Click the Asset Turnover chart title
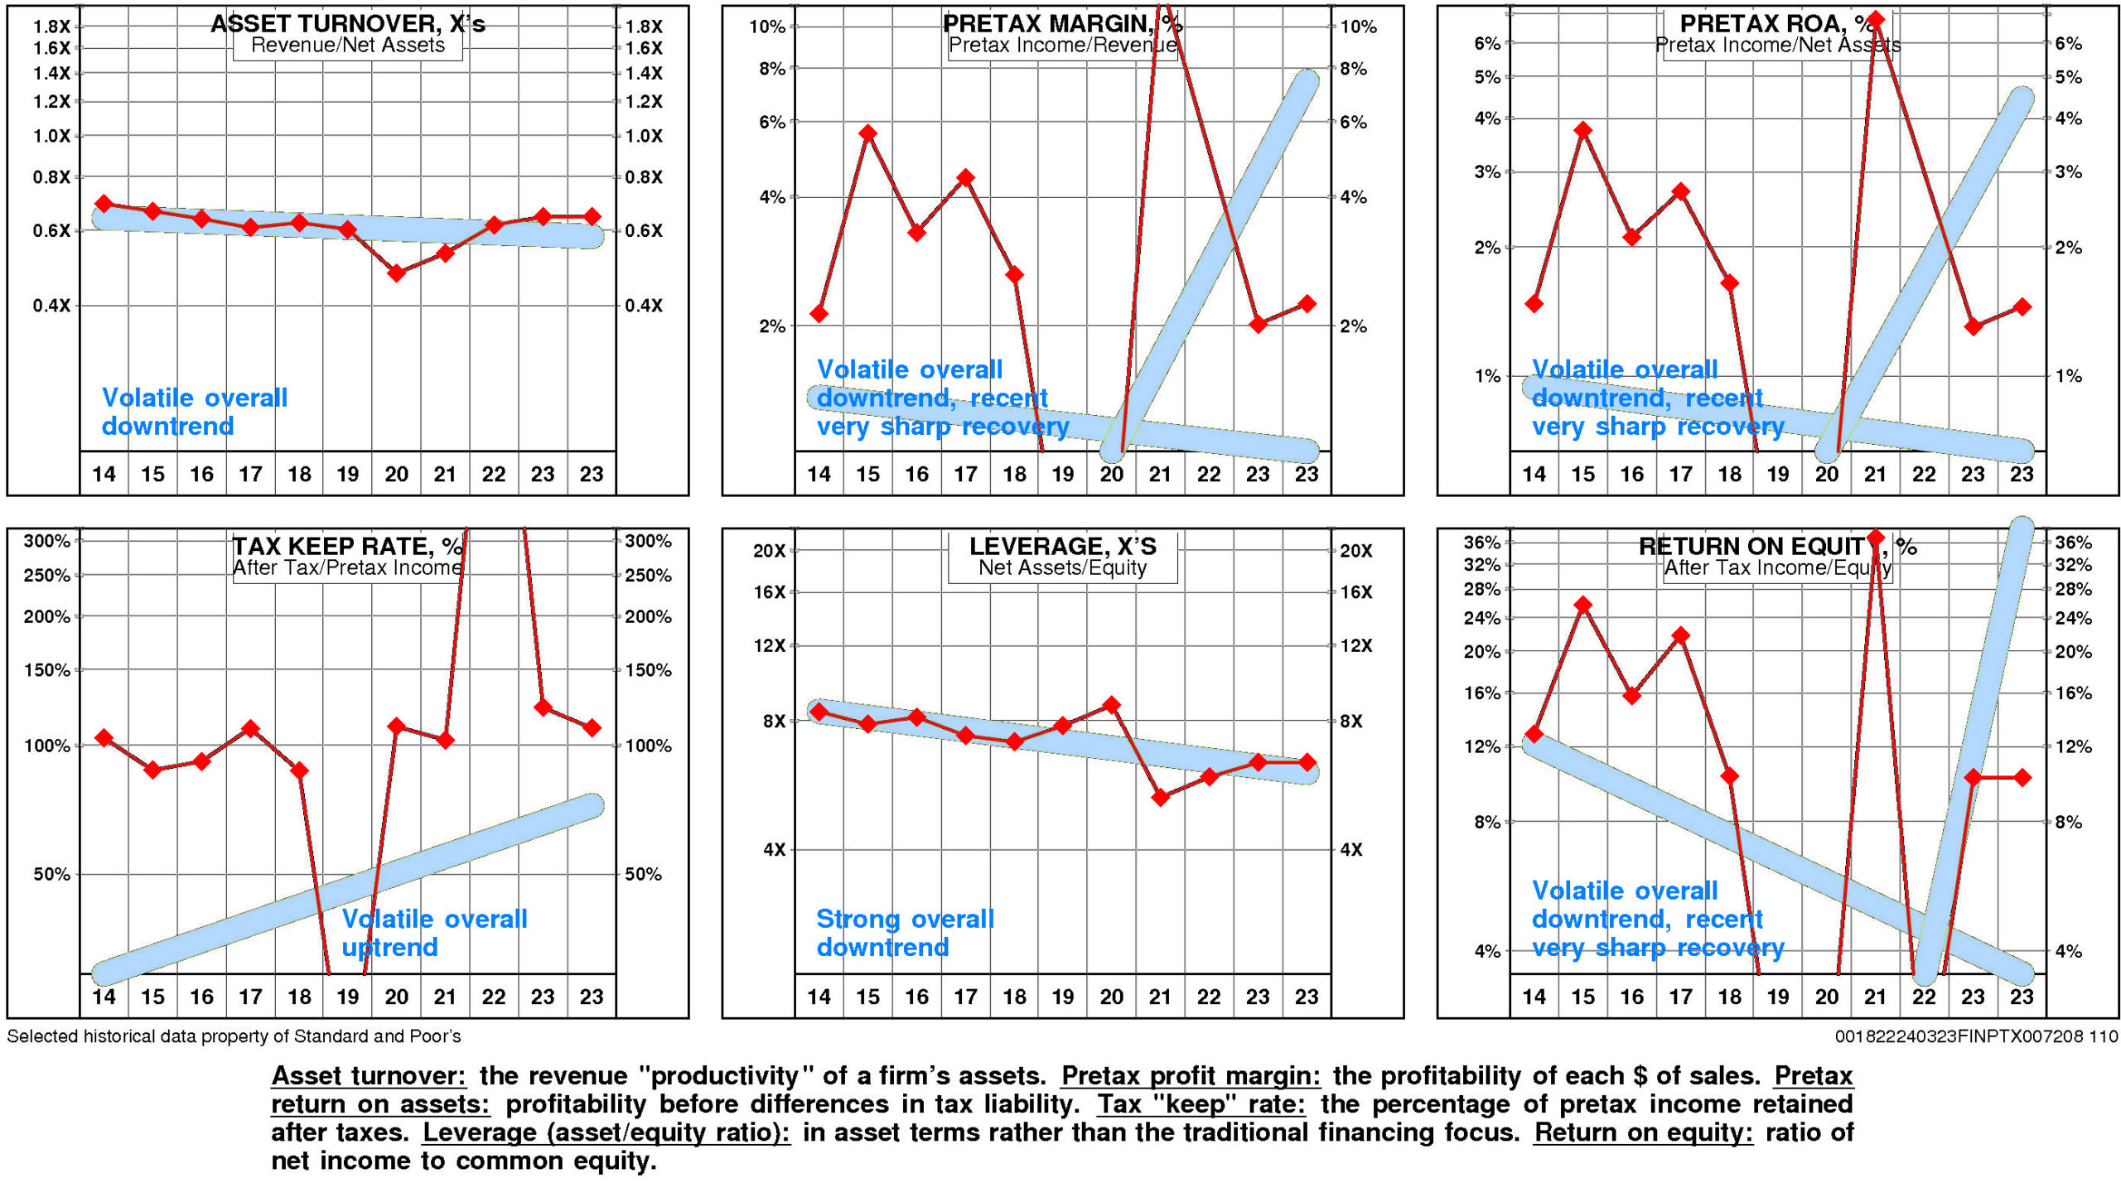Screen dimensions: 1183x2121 (347, 23)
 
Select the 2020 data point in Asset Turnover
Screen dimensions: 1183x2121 (396, 273)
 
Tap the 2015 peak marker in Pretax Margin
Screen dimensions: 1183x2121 (867, 133)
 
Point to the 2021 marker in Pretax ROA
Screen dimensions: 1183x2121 (1876, 19)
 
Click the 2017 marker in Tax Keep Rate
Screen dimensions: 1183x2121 (250, 729)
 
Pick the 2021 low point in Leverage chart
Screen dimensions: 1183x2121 (1161, 797)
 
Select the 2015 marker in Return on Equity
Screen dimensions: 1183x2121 (1583, 605)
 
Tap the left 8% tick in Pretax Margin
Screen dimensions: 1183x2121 (772, 69)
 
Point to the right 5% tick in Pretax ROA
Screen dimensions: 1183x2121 (2068, 78)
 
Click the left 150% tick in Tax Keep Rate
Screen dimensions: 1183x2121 (47, 670)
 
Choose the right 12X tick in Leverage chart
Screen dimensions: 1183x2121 (1356, 645)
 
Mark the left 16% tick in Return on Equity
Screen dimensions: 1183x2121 (1482, 693)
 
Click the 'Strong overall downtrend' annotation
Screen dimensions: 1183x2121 (905, 933)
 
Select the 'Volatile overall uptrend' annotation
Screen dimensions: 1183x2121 (434, 933)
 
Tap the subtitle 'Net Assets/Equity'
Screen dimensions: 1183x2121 (1062, 567)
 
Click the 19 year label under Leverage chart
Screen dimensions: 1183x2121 (1063, 997)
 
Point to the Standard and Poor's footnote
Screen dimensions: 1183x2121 (234, 1036)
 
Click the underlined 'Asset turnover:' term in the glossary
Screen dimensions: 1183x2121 (369, 1076)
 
